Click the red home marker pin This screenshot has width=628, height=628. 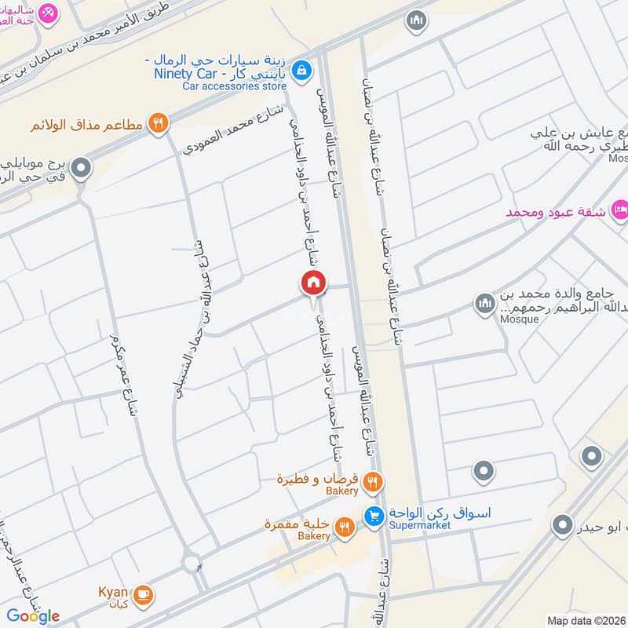tap(313, 282)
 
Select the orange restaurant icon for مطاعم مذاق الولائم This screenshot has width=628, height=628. tap(159, 122)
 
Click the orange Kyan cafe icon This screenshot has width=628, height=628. tap(142, 593)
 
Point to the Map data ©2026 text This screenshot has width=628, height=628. tap(586, 620)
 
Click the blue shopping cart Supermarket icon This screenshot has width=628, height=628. tap(373, 516)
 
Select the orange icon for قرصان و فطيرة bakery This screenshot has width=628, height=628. tap(374, 480)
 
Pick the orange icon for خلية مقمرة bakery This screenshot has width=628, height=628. tap(343, 527)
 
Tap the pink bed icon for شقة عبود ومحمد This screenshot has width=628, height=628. tap(619, 210)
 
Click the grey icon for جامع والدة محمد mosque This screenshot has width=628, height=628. tap(484, 302)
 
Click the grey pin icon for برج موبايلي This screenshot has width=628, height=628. tap(79, 167)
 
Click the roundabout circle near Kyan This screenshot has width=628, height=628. tap(190, 563)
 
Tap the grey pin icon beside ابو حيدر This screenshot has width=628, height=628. tap(561, 524)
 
